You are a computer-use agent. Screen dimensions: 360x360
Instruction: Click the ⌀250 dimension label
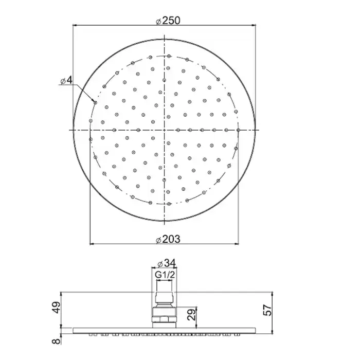(x=168, y=21)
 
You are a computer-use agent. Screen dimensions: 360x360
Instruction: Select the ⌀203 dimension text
(x=168, y=239)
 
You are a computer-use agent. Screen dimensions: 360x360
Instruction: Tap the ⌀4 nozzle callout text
(x=66, y=80)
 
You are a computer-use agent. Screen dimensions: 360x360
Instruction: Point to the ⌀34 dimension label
(x=167, y=263)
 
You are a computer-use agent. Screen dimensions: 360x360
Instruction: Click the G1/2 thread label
(x=165, y=275)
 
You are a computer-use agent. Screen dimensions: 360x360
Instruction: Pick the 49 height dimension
(x=57, y=308)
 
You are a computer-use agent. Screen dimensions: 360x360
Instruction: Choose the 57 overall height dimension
(x=267, y=310)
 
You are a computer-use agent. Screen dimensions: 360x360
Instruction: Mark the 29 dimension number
(x=191, y=314)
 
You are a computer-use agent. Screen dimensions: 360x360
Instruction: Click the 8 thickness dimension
(x=57, y=340)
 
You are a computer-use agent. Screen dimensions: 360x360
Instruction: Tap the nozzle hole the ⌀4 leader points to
(x=95, y=103)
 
